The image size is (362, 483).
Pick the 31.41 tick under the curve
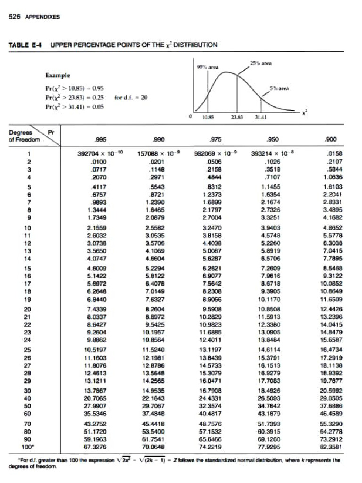[x=261, y=119]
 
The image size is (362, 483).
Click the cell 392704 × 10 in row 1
[x=95, y=153]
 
